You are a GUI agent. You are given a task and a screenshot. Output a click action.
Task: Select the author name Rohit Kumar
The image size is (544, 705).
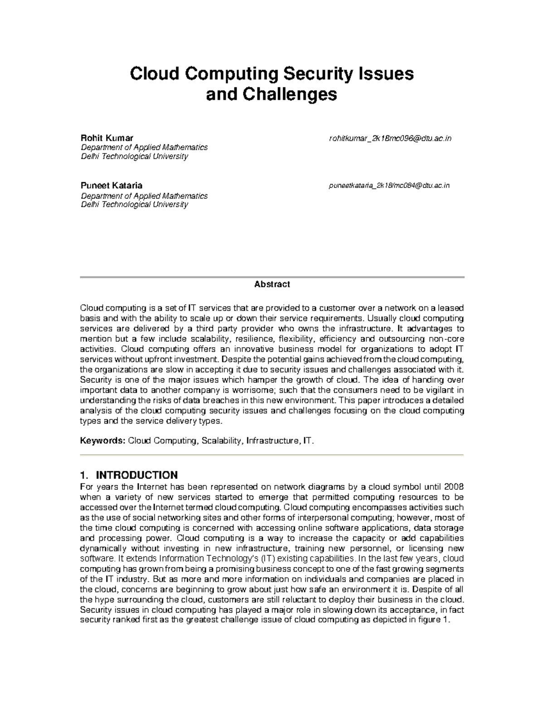[107, 138]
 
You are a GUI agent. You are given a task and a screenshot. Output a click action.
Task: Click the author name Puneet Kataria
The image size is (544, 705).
[112, 185]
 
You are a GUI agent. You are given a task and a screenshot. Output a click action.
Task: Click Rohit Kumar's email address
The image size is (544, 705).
[390, 138]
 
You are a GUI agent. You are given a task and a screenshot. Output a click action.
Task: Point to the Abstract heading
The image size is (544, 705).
[272, 284]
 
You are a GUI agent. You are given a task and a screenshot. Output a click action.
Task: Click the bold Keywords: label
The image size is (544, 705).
[102, 441]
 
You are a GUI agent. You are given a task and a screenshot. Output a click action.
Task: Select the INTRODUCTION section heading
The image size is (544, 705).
[137, 475]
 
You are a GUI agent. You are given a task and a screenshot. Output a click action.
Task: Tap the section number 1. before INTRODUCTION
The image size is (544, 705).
[83, 475]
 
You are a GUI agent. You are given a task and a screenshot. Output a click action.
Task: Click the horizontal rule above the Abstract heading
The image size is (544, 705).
[272, 277]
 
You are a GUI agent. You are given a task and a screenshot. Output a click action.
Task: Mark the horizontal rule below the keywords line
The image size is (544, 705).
[272, 454]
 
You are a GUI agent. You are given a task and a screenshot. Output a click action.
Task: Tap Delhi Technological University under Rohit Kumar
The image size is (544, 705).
[134, 157]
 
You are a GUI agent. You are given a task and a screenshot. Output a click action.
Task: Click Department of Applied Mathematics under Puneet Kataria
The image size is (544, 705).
[144, 196]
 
